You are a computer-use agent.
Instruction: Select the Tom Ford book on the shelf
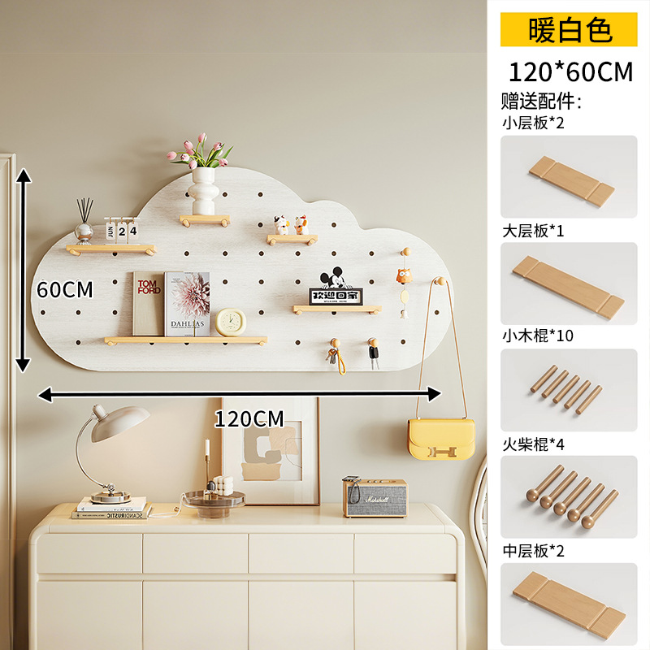point(149,303)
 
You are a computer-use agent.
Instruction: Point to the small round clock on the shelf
point(230,322)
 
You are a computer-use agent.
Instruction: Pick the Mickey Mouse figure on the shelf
point(331,280)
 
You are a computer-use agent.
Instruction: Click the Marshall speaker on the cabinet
point(374,496)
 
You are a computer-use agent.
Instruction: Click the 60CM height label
point(65,289)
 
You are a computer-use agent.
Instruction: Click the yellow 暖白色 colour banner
point(569,30)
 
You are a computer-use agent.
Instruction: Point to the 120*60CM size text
point(570,71)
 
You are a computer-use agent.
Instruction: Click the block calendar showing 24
point(122,231)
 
